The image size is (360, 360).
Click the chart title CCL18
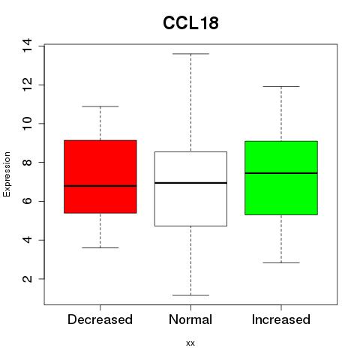point(190,23)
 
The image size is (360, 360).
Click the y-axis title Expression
point(7,174)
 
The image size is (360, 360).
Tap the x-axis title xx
point(190,343)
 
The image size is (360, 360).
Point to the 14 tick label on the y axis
point(27,45)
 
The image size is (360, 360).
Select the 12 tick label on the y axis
point(27,85)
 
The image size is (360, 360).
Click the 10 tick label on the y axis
point(27,124)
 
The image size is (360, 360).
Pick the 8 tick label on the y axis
point(27,162)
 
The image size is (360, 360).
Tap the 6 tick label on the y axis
point(27,201)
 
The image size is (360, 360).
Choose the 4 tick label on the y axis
point(27,240)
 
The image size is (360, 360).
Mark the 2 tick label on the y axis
point(27,279)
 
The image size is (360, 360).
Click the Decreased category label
point(100,319)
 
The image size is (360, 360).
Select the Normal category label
point(190,319)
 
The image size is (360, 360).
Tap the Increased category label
point(281,319)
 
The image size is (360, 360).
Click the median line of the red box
point(100,186)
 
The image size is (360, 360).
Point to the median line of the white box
point(190,183)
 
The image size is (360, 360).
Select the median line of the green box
point(281,173)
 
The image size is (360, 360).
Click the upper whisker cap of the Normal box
point(190,54)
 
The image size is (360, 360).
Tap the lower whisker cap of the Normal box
point(190,295)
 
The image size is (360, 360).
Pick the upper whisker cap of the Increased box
point(281,86)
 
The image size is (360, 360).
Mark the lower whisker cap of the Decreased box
point(100,247)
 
